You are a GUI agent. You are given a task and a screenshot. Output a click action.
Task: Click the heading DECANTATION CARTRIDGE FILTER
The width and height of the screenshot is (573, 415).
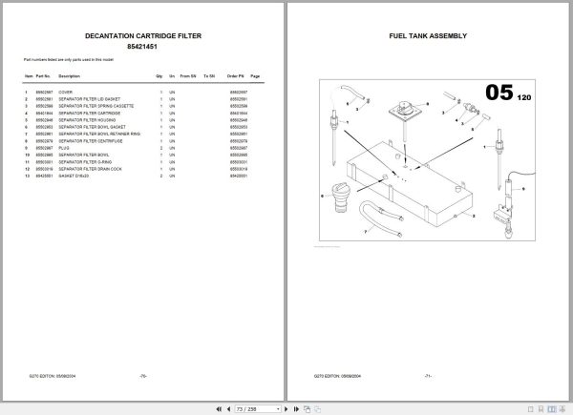click(142, 35)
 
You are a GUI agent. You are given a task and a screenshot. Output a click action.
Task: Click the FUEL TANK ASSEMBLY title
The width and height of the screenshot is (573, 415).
click(428, 35)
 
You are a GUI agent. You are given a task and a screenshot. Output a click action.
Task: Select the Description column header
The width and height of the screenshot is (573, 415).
click(69, 75)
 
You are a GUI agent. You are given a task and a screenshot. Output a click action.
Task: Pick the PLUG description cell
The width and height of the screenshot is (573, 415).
click(64, 148)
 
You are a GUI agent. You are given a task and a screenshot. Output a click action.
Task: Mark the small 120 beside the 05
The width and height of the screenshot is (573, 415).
click(522, 98)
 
